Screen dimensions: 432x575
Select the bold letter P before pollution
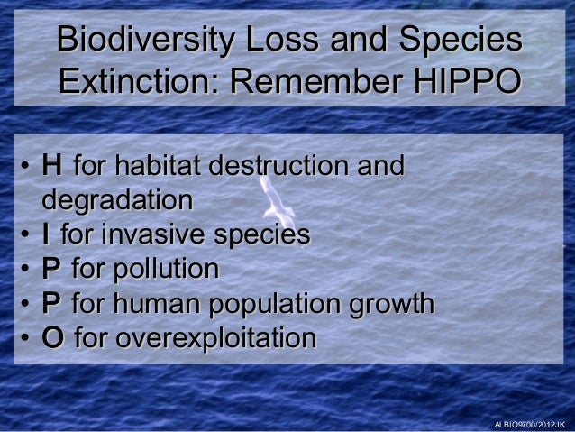click(x=51, y=269)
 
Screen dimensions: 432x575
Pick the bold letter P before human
click(x=51, y=303)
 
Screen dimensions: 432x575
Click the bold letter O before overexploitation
click(x=52, y=338)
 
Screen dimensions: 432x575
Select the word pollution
click(x=166, y=269)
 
